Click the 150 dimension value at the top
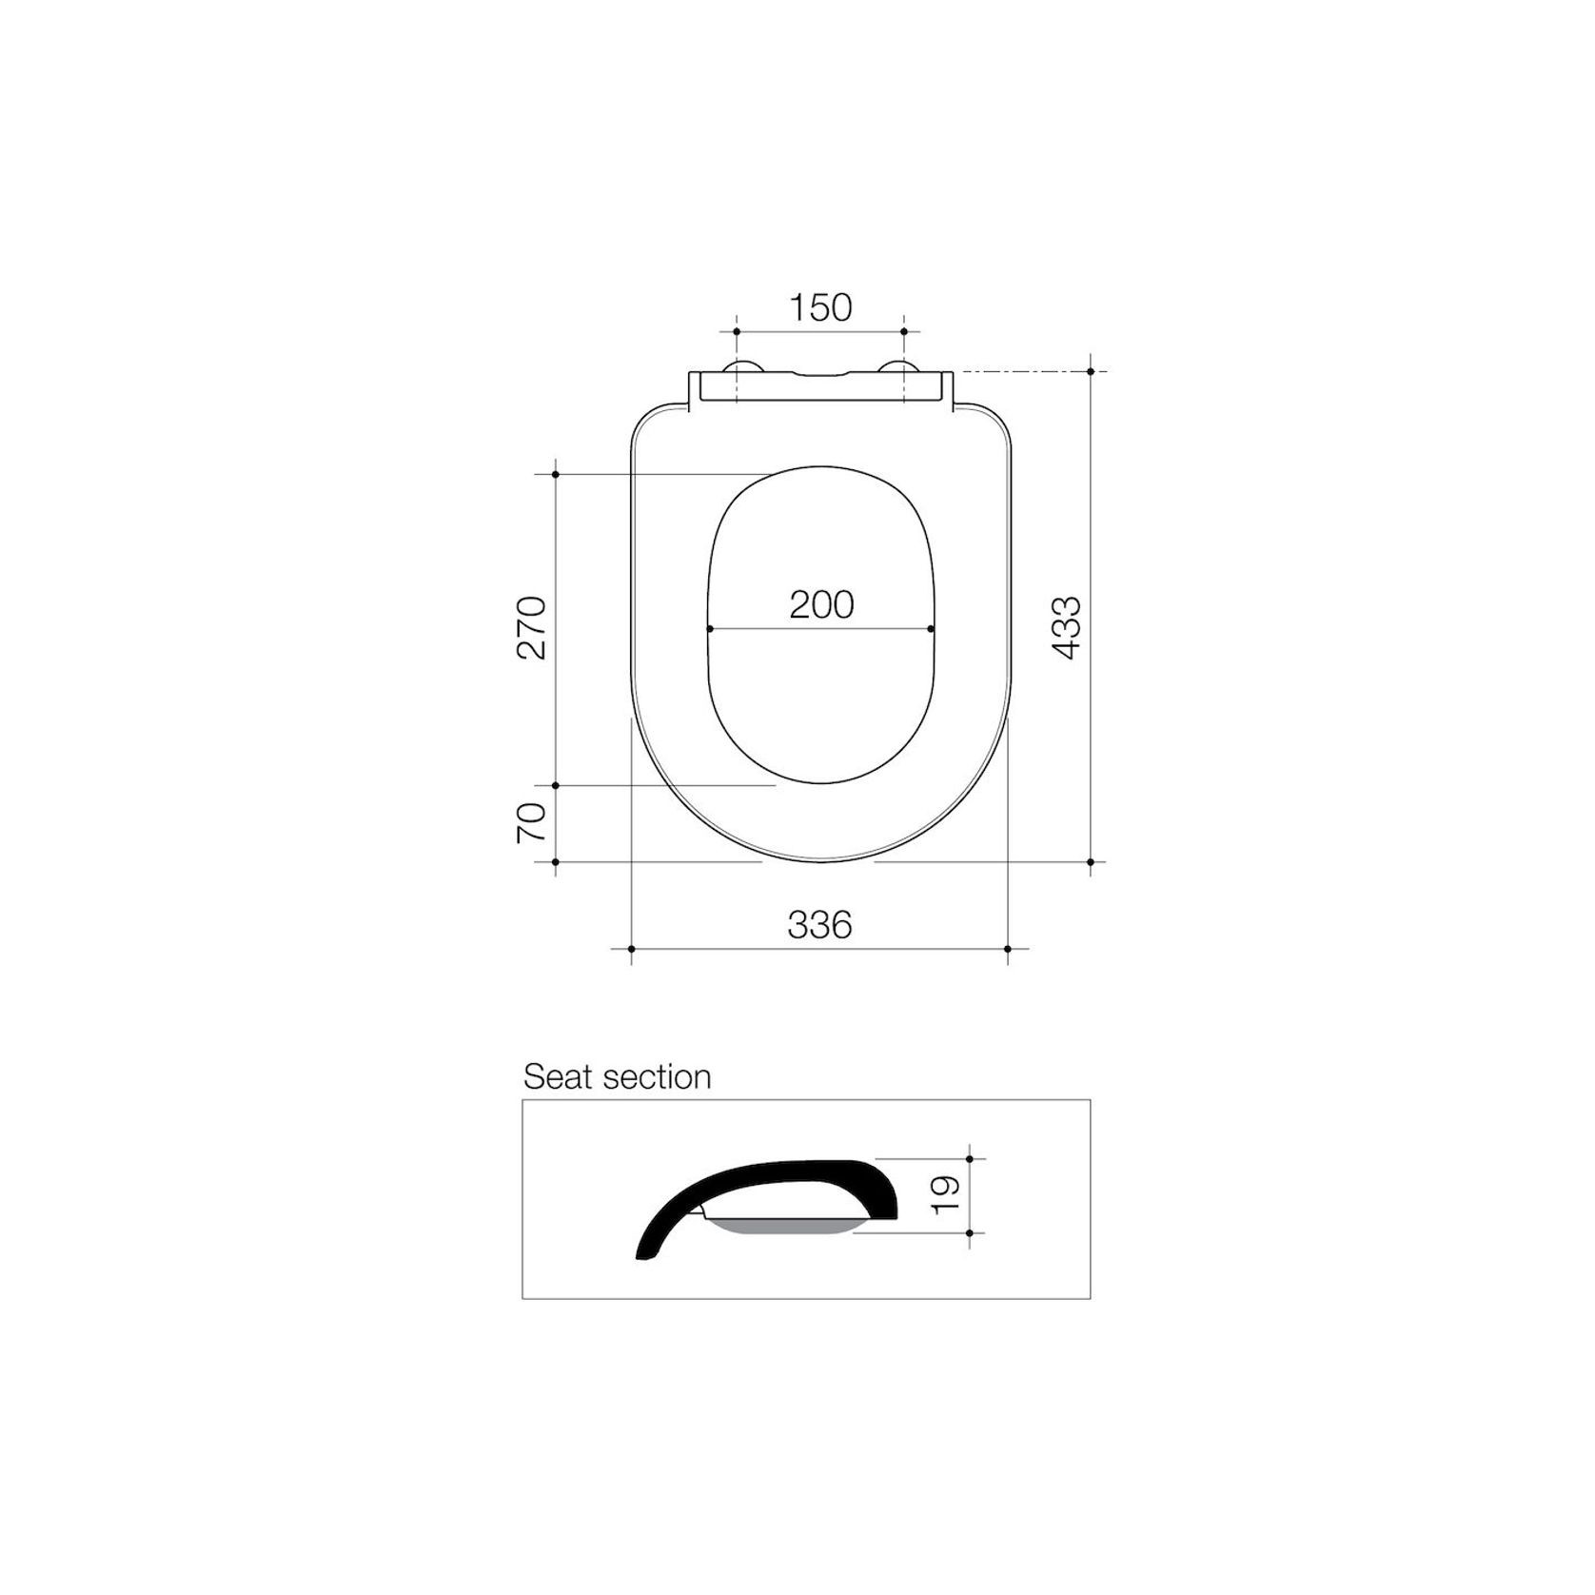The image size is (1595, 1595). (x=820, y=307)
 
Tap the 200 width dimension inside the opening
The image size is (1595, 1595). (x=821, y=604)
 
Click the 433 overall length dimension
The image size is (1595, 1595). (x=1067, y=627)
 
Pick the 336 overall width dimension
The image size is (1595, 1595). (x=819, y=924)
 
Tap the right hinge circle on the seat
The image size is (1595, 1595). (x=898, y=368)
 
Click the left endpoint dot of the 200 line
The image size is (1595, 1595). (x=710, y=629)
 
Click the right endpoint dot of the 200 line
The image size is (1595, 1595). (x=931, y=629)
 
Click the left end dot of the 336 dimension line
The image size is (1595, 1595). (x=631, y=949)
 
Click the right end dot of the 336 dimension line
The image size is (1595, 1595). (x=1008, y=949)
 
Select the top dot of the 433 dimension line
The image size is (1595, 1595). (x=1091, y=371)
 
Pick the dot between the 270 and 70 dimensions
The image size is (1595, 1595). (x=555, y=786)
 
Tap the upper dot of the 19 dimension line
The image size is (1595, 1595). (x=969, y=1158)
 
